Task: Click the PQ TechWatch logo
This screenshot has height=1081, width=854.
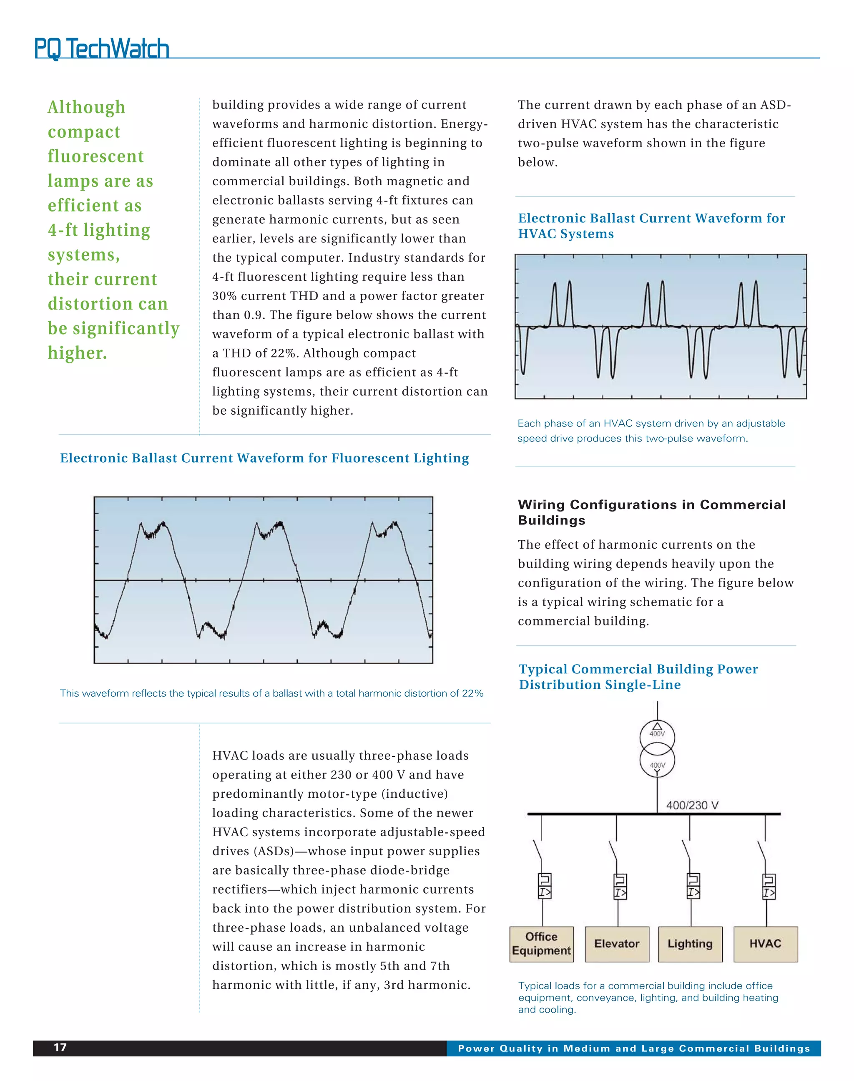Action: pos(101,48)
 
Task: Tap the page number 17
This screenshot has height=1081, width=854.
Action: pos(60,1048)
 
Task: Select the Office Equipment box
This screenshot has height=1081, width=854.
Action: pos(542,943)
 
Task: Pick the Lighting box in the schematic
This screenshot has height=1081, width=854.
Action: pos(690,943)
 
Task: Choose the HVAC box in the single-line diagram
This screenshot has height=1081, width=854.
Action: pos(766,943)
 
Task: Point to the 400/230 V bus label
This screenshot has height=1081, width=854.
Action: pos(692,805)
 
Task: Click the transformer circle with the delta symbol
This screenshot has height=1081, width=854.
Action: pos(657,736)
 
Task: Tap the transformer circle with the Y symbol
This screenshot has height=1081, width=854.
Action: pos(657,762)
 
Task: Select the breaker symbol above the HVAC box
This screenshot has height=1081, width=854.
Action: pos(769,887)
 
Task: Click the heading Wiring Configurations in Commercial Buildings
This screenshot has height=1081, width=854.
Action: pos(651,512)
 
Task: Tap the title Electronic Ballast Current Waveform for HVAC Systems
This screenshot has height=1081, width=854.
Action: pos(651,226)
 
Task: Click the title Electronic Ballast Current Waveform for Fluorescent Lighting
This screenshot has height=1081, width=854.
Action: pos(264,458)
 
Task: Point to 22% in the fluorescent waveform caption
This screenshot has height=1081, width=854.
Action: pos(472,693)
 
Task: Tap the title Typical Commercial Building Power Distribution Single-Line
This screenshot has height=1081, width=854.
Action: pos(638,676)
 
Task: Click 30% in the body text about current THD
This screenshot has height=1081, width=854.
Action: pos(224,296)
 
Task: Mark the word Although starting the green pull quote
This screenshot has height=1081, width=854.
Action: pos(86,107)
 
